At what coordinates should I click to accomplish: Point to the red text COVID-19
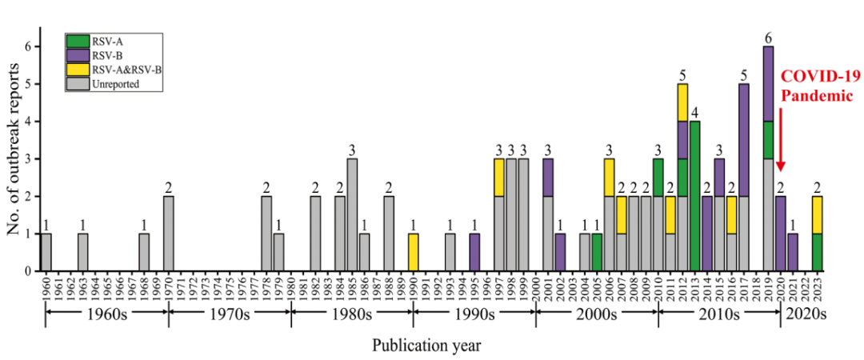pyautogui.click(x=819, y=77)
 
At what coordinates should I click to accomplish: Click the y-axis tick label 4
pyautogui.click(x=29, y=122)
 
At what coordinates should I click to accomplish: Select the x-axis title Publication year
pyautogui.click(x=426, y=346)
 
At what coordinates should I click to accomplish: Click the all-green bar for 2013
pyautogui.click(x=694, y=196)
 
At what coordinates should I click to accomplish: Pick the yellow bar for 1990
pyautogui.click(x=413, y=252)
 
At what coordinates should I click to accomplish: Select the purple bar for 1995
pyautogui.click(x=474, y=252)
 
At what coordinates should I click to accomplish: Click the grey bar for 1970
pyautogui.click(x=169, y=233)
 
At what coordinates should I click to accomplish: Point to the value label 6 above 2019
pyautogui.click(x=768, y=38)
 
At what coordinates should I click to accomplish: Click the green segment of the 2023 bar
pyautogui.click(x=817, y=252)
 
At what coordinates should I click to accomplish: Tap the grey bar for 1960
pyautogui.click(x=46, y=252)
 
